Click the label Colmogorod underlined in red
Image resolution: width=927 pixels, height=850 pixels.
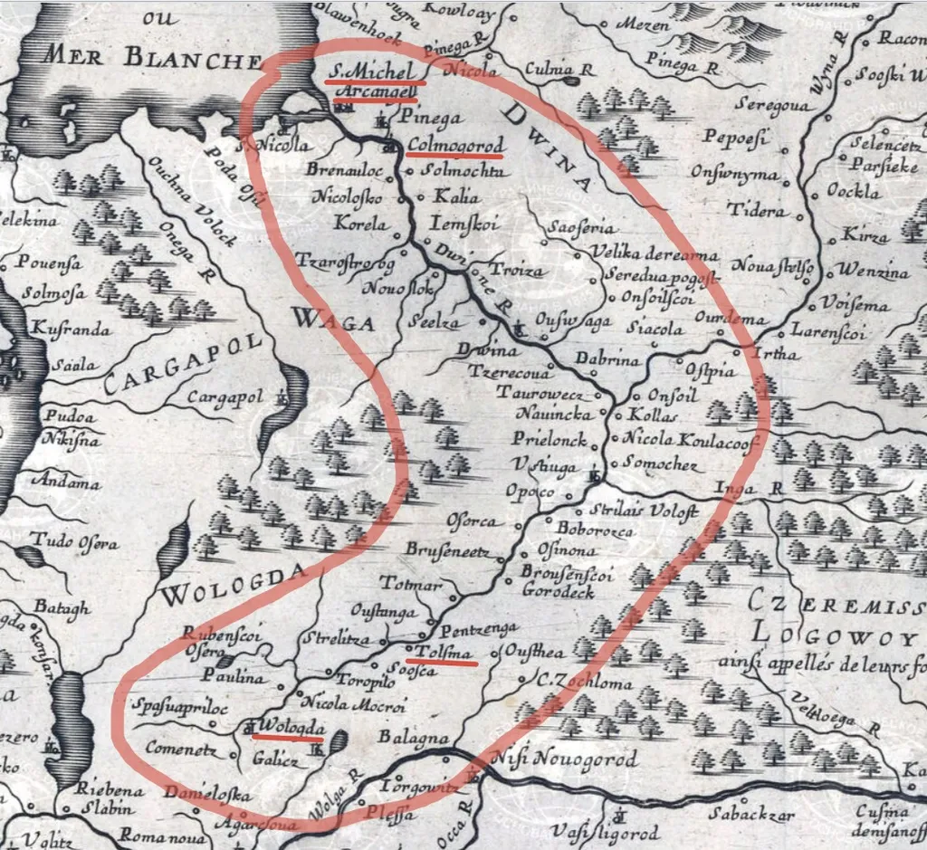(x=454, y=145)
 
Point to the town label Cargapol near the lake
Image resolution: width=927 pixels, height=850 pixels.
(x=225, y=397)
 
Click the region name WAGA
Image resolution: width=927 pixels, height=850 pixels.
(x=321, y=319)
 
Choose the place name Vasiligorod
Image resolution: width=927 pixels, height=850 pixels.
(x=606, y=831)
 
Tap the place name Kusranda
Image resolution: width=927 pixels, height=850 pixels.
(x=72, y=329)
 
